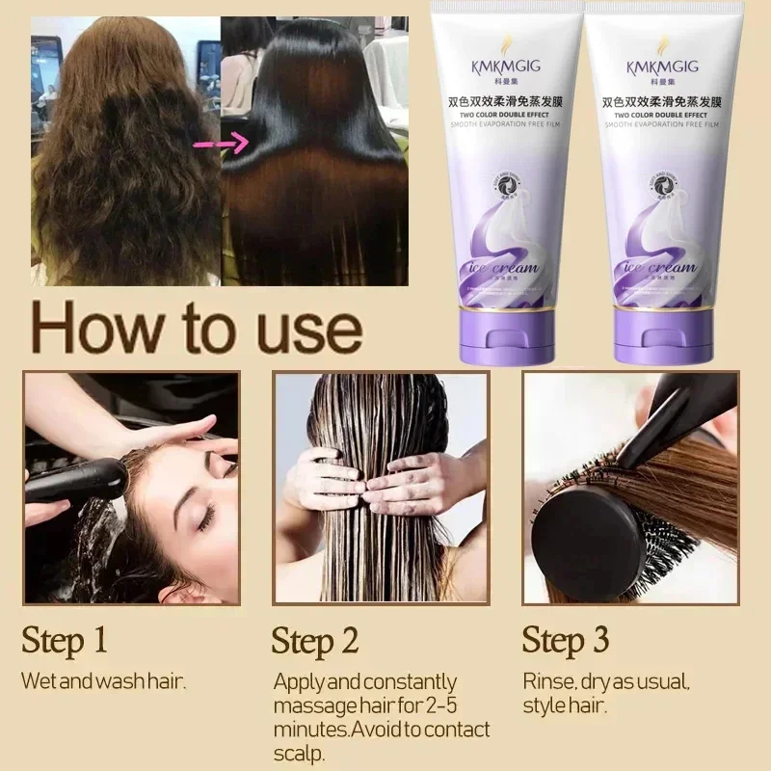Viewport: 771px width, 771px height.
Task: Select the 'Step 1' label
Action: tap(65, 639)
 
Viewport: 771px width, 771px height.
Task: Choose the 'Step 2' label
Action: tap(315, 640)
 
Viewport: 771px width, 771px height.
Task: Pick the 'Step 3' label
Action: tap(566, 639)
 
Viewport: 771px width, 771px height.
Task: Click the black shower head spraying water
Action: tap(77, 480)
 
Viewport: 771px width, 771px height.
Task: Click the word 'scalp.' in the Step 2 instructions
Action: tap(300, 753)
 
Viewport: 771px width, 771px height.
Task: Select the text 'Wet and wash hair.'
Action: tap(103, 681)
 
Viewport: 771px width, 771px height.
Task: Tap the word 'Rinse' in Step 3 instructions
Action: tap(546, 681)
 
